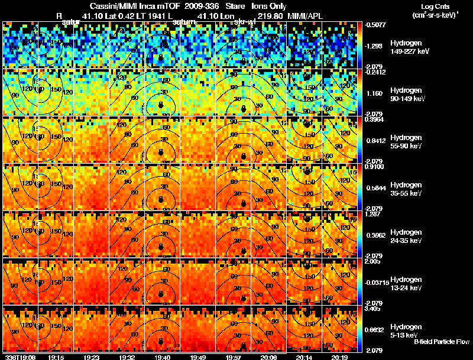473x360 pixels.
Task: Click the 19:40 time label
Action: coord(161,357)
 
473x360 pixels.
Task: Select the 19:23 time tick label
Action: coord(91,357)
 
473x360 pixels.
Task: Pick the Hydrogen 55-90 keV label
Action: coord(406,142)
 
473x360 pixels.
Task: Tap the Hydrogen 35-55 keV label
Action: coord(406,189)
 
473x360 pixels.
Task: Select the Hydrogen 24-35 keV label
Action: coord(406,236)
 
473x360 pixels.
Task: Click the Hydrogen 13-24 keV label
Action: coord(406,283)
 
